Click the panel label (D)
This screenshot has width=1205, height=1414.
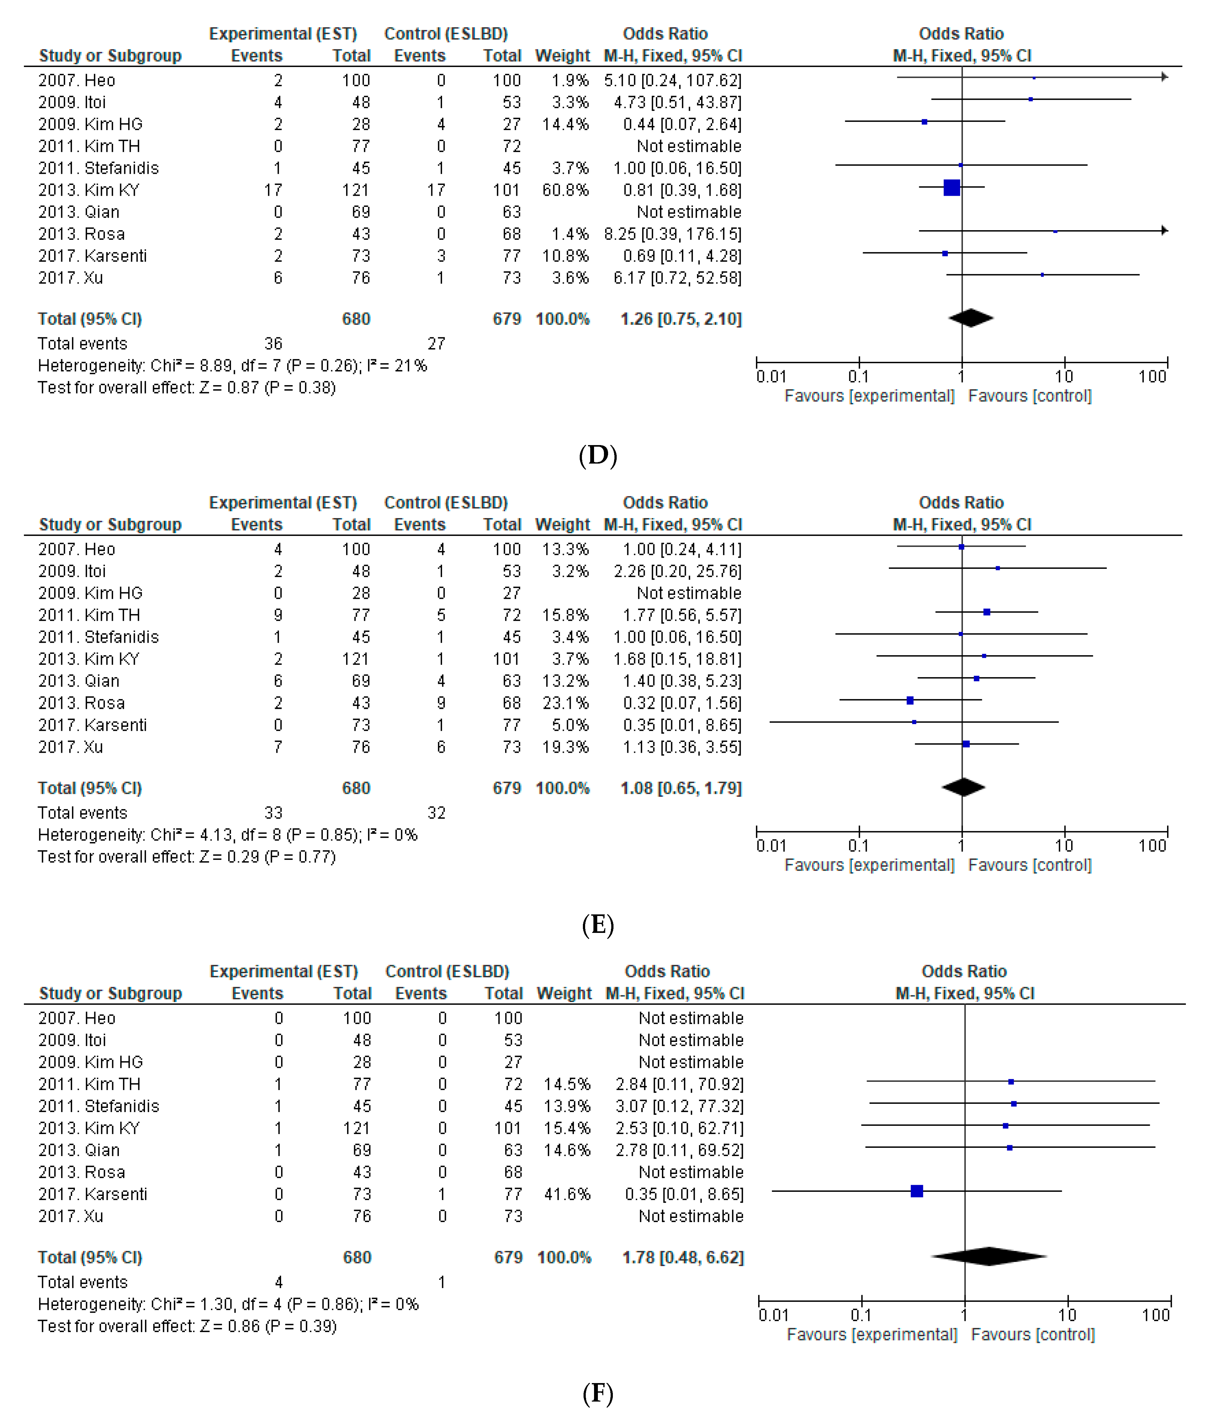[598, 455]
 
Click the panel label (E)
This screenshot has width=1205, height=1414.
[598, 925]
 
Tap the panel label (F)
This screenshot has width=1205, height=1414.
[598, 1393]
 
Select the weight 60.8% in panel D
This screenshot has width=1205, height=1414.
[565, 190]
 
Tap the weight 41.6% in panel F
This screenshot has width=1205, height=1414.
[566, 1194]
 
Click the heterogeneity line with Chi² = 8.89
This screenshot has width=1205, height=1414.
[232, 366]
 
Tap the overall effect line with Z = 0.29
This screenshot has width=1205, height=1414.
[186, 857]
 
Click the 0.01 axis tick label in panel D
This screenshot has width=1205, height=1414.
[771, 377]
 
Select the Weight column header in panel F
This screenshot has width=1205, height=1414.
[563, 993]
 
